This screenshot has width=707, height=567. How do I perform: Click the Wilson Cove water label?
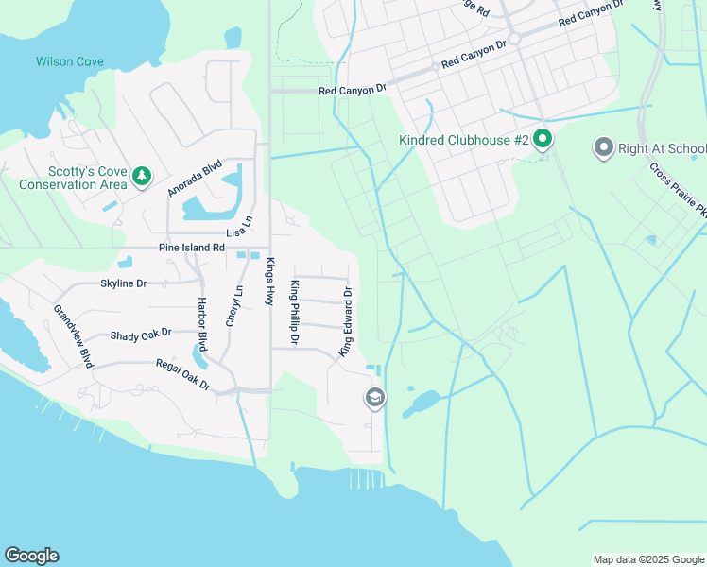[70, 61]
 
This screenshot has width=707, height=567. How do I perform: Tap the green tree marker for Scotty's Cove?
[141, 176]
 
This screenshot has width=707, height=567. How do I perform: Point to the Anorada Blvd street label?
[194, 177]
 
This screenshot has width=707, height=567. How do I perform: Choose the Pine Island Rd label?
[192, 248]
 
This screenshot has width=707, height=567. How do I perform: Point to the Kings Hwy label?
[269, 281]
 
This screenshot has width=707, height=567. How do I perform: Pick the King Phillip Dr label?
[296, 312]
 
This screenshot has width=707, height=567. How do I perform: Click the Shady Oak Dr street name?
[141, 334]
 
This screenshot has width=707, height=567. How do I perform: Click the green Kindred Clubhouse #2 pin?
[543, 140]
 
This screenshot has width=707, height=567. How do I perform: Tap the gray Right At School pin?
[602, 148]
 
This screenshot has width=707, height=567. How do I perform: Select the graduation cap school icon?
[375, 399]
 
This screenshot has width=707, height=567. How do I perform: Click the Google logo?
[31, 556]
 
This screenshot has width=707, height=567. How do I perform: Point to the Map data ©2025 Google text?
[647, 559]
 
